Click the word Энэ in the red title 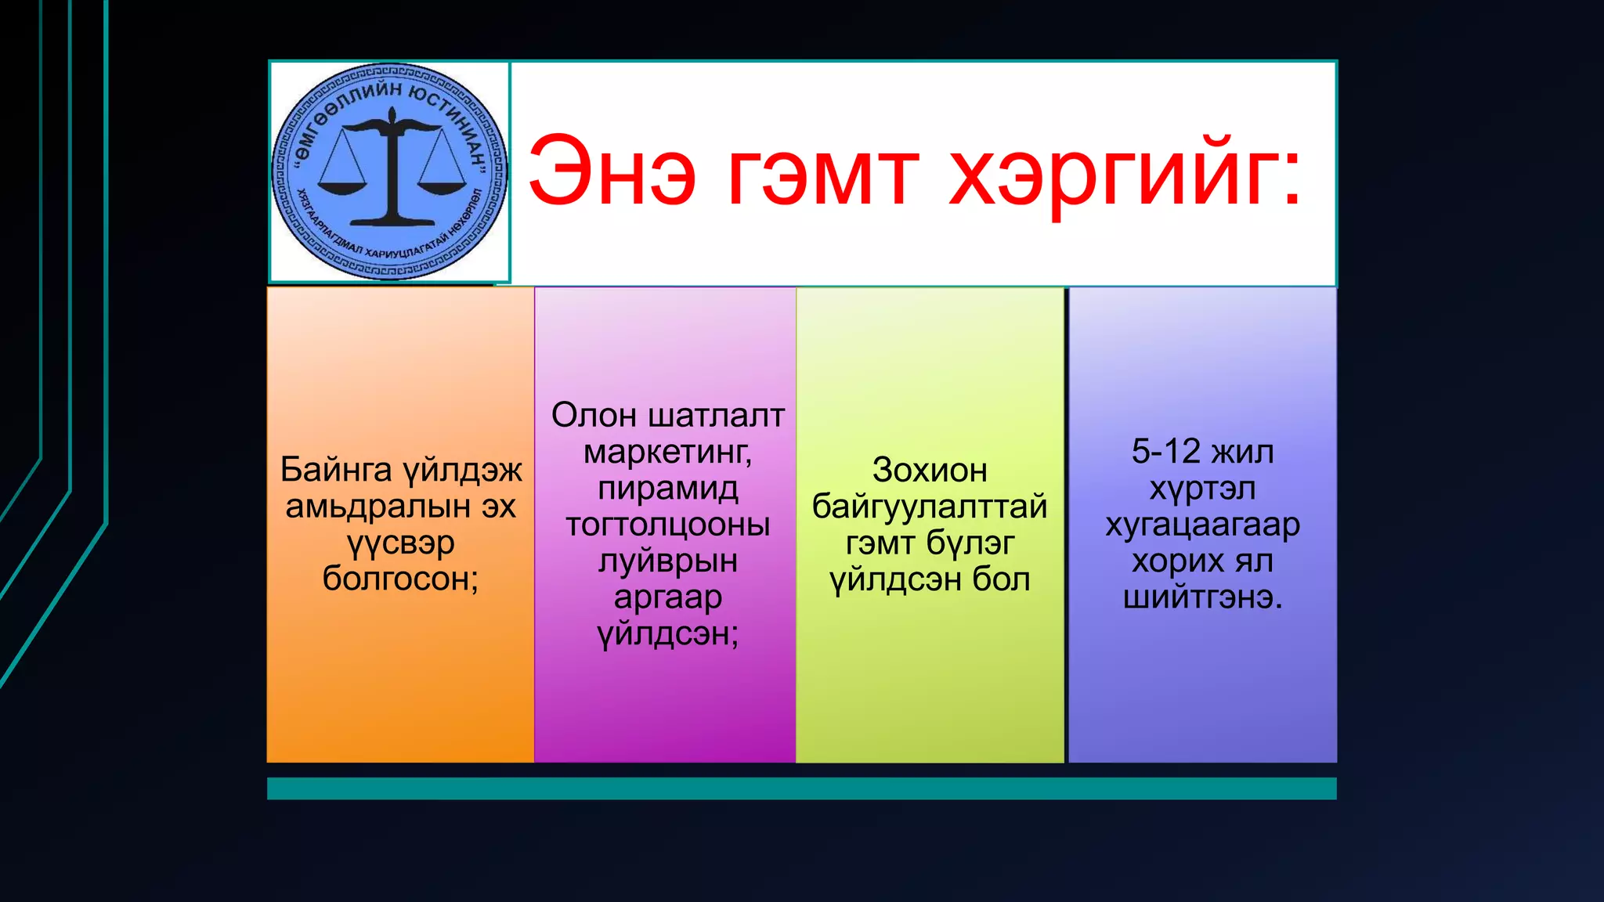pos(612,171)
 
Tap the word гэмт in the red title pos(822,171)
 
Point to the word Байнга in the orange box pos(336,471)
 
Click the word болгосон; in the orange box pos(400,579)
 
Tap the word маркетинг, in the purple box pos(667,453)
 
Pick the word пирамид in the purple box pos(667,489)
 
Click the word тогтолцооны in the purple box pos(667,525)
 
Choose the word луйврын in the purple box pos(667,561)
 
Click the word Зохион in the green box pos(929,471)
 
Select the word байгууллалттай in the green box pos(929,507)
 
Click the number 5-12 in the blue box pos(1165,452)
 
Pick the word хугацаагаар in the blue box pos(1202,525)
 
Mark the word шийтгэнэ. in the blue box pos(1202,597)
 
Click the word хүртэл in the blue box pos(1202,489)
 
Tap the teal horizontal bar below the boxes pos(801,788)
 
